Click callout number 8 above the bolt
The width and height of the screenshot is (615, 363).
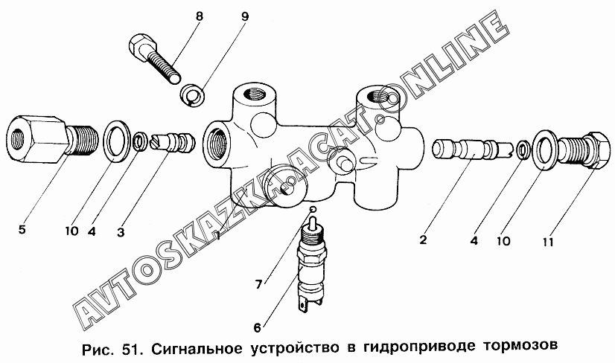pos(200,17)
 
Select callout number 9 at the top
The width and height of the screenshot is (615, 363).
pos(245,17)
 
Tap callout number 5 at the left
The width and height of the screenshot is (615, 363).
pos(22,228)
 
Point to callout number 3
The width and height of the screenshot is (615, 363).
pos(121,232)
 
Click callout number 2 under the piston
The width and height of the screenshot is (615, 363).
pos(422,239)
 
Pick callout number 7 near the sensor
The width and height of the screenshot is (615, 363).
pos(258,284)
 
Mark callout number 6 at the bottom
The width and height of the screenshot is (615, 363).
pos(258,327)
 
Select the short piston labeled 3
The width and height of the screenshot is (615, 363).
pos(173,142)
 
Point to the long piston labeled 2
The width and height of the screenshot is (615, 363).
pos(472,150)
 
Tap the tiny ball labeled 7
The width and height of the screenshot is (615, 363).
pos(313,209)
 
